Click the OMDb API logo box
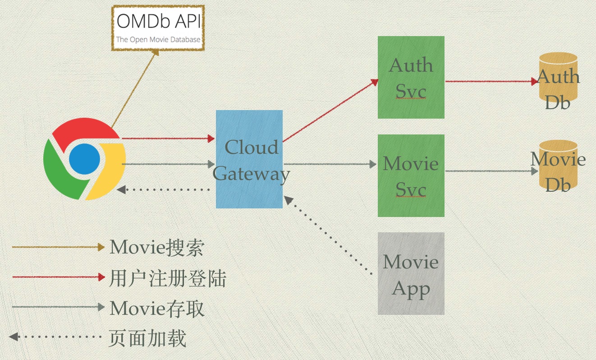coord(158,28)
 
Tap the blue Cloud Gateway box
coord(249,159)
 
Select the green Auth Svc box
coord(411,77)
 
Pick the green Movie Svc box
coord(411,175)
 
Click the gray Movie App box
coord(411,273)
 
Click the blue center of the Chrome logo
coord(84,159)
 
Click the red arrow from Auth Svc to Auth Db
coord(491,82)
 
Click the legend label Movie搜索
coord(157,247)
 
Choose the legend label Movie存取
coord(157,309)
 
